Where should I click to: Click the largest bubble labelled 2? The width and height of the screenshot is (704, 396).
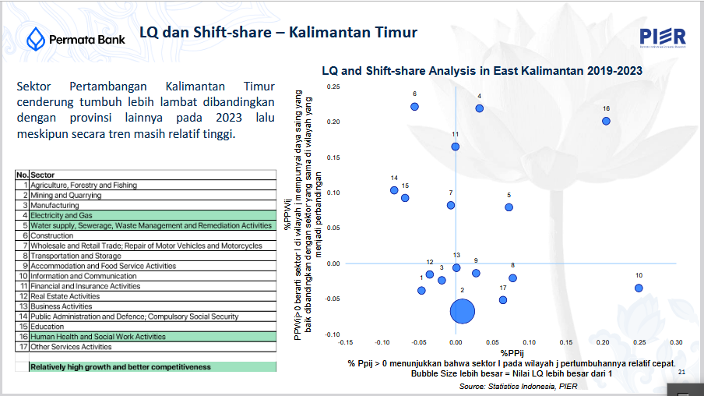[x=463, y=311]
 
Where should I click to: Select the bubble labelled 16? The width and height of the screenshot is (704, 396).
[x=606, y=121]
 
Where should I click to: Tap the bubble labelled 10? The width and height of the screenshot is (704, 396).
[x=639, y=288]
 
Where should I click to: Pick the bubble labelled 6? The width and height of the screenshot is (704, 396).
[x=415, y=106]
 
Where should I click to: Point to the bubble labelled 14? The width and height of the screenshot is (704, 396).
[x=394, y=190]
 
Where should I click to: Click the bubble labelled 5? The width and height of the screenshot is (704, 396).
[x=509, y=207]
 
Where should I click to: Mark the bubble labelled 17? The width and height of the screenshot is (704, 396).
[x=503, y=299]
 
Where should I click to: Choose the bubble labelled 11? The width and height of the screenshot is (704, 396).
[x=455, y=147]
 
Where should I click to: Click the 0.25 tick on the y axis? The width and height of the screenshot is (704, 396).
[x=333, y=87]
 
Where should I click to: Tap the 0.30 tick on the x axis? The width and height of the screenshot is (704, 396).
[x=676, y=342]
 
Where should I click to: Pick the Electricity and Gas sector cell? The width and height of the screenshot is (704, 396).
[x=62, y=215]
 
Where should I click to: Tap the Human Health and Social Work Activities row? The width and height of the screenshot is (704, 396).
[x=98, y=337]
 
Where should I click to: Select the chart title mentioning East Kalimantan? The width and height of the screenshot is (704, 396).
[x=481, y=71]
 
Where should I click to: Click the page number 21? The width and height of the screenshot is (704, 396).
[x=682, y=373]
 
